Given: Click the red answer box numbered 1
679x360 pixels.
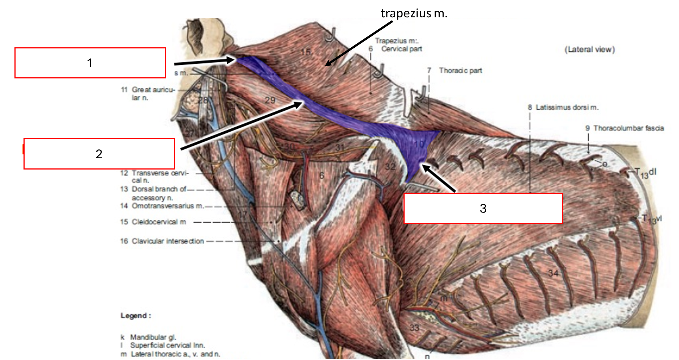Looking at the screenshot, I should click(90, 63).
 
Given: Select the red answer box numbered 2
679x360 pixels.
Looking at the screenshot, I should click(99, 154).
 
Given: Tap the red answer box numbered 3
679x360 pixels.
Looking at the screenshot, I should click(483, 208).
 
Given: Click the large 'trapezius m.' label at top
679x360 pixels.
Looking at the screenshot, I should click(414, 13).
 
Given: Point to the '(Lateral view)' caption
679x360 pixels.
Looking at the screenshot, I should click(590, 50).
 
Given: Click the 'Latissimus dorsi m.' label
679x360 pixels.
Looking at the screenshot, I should click(567, 107).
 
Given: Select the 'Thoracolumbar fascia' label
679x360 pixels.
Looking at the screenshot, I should click(628, 128).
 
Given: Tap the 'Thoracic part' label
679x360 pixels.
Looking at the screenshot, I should click(460, 70).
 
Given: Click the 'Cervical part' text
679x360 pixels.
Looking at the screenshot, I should click(401, 49).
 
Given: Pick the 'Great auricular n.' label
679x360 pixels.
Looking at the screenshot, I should click(153, 93).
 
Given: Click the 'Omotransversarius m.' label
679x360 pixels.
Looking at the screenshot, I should click(167, 206).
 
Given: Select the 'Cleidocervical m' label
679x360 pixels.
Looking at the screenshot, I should click(159, 222).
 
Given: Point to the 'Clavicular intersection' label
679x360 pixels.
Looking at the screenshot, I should click(167, 241).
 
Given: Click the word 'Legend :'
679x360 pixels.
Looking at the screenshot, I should click(136, 316).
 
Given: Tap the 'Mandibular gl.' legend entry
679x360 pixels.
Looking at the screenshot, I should click(153, 337).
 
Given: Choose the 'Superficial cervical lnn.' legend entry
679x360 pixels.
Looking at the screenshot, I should click(167, 345).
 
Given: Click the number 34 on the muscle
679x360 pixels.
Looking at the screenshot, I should click(553, 273).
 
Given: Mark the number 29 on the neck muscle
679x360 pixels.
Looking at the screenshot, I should click(270, 100).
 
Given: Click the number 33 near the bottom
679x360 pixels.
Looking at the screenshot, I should click(414, 328).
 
